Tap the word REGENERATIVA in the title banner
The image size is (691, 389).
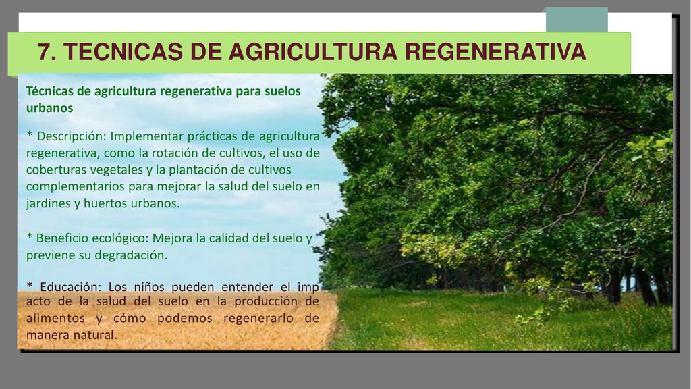[x=495, y=51]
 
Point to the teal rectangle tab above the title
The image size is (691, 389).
[x=576, y=20]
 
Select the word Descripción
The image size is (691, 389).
[x=72, y=136]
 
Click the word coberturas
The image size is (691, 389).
[x=54, y=170]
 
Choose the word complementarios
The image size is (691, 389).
[x=76, y=187]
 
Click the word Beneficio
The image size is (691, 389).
[x=59, y=238]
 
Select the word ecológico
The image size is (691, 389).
[x=118, y=239]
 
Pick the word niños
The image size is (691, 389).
[x=149, y=287]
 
